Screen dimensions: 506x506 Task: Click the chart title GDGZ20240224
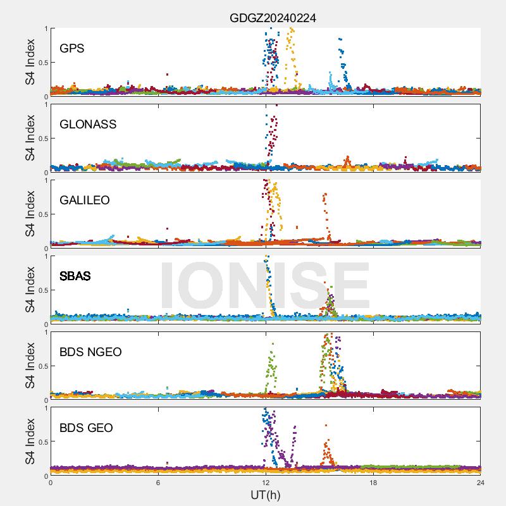click(273, 18)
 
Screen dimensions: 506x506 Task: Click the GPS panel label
click(72, 48)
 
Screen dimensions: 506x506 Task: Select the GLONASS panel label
click(88, 124)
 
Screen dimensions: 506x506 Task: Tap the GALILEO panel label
click(85, 200)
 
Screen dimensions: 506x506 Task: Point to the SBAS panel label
click(75, 276)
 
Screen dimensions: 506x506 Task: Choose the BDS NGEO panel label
click(90, 352)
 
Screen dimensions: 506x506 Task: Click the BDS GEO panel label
click(86, 428)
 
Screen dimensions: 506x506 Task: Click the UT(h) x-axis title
click(266, 494)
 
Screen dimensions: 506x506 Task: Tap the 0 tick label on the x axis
click(51, 483)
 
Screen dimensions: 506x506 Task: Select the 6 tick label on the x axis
click(158, 483)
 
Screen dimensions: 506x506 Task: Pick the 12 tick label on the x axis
click(266, 483)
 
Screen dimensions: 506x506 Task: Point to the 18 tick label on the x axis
click(373, 483)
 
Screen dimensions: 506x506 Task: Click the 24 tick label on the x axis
click(481, 483)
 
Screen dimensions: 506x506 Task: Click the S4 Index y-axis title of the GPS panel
click(30, 62)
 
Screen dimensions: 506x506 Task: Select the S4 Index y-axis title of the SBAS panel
click(30, 290)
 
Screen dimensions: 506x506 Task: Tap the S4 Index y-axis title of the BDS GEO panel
click(30, 441)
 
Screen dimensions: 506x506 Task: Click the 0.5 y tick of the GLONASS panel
click(42, 139)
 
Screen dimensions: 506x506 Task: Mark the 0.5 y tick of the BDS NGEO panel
click(42, 366)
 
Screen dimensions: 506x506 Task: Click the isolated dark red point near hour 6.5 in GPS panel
click(167, 74)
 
